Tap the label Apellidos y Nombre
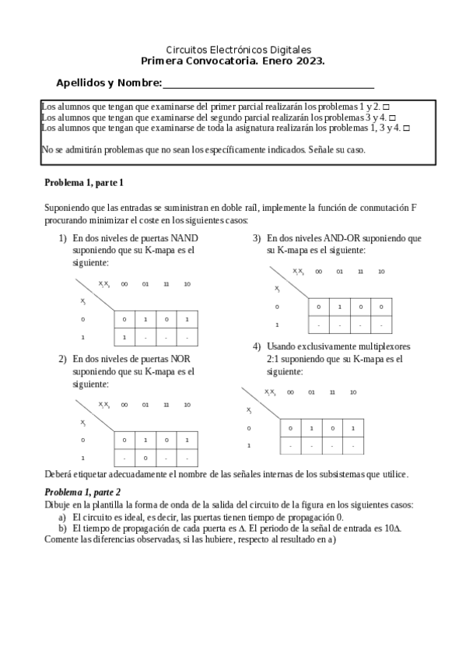point(108,83)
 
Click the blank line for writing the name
point(268,85)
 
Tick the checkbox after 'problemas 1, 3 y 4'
point(405,128)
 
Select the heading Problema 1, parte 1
point(84,183)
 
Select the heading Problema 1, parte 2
point(82,492)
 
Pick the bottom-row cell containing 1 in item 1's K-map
point(124,338)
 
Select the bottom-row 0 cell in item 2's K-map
point(145,458)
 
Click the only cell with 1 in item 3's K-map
point(339,307)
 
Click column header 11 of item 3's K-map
point(360,272)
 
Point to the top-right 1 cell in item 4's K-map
point(352,428)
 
